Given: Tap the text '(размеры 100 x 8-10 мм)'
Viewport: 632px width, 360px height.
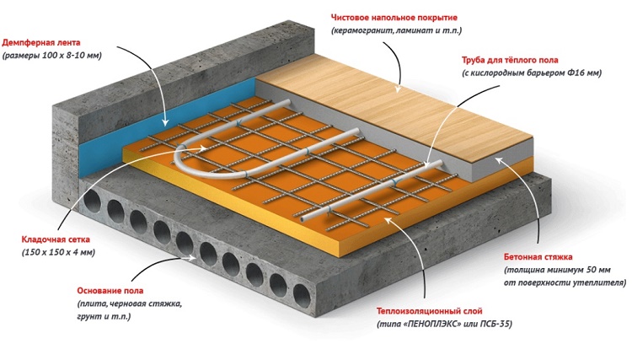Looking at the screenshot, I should tap(52, 55).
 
